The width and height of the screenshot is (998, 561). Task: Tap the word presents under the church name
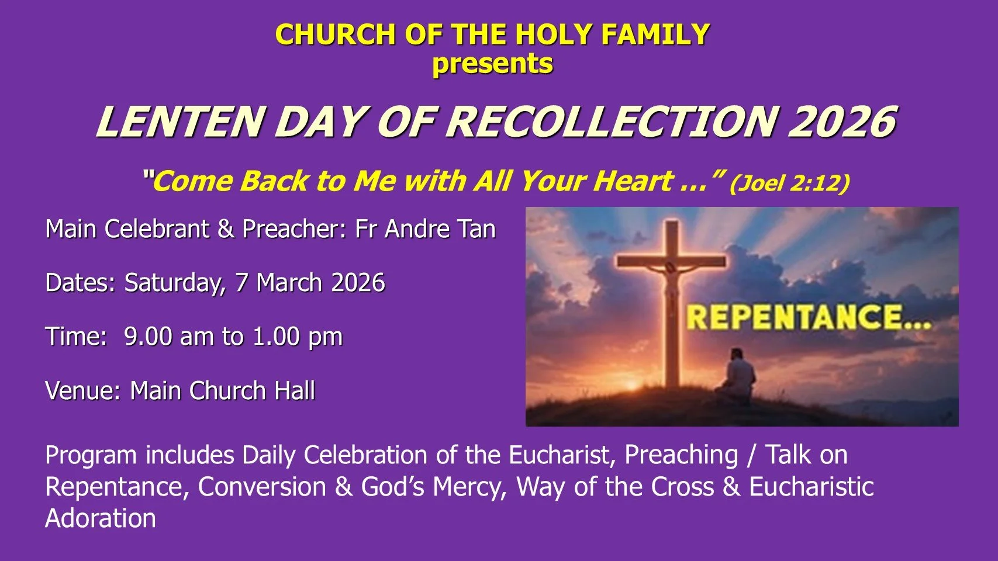coord(492,64)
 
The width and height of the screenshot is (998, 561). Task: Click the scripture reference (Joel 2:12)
coord(789,182)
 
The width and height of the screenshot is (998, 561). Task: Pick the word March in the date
coord(289,283)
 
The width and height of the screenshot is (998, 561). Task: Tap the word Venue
coord(82,391)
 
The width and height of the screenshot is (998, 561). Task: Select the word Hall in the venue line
coord(295,391)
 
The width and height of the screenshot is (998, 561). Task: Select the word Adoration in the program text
coord(101,519)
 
